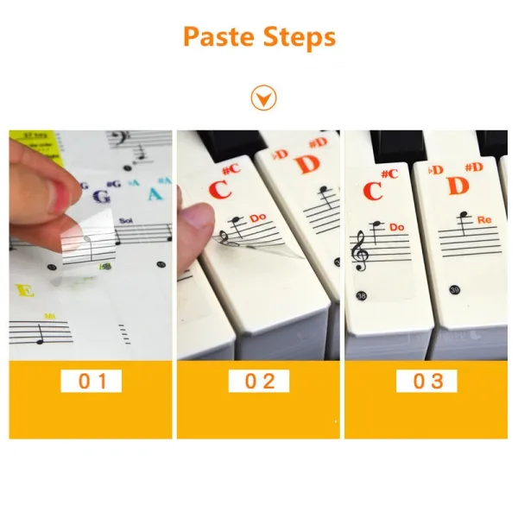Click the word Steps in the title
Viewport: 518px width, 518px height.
coord(298,38)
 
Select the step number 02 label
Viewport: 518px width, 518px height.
coord(259,381)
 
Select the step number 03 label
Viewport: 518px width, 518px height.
coord(426,381)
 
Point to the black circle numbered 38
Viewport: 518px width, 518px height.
coord(362,295)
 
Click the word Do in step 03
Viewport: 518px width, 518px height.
coord(396,227)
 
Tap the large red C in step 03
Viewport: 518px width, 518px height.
coord(373,191)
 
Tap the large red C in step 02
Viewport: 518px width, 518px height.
coord(219,188)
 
